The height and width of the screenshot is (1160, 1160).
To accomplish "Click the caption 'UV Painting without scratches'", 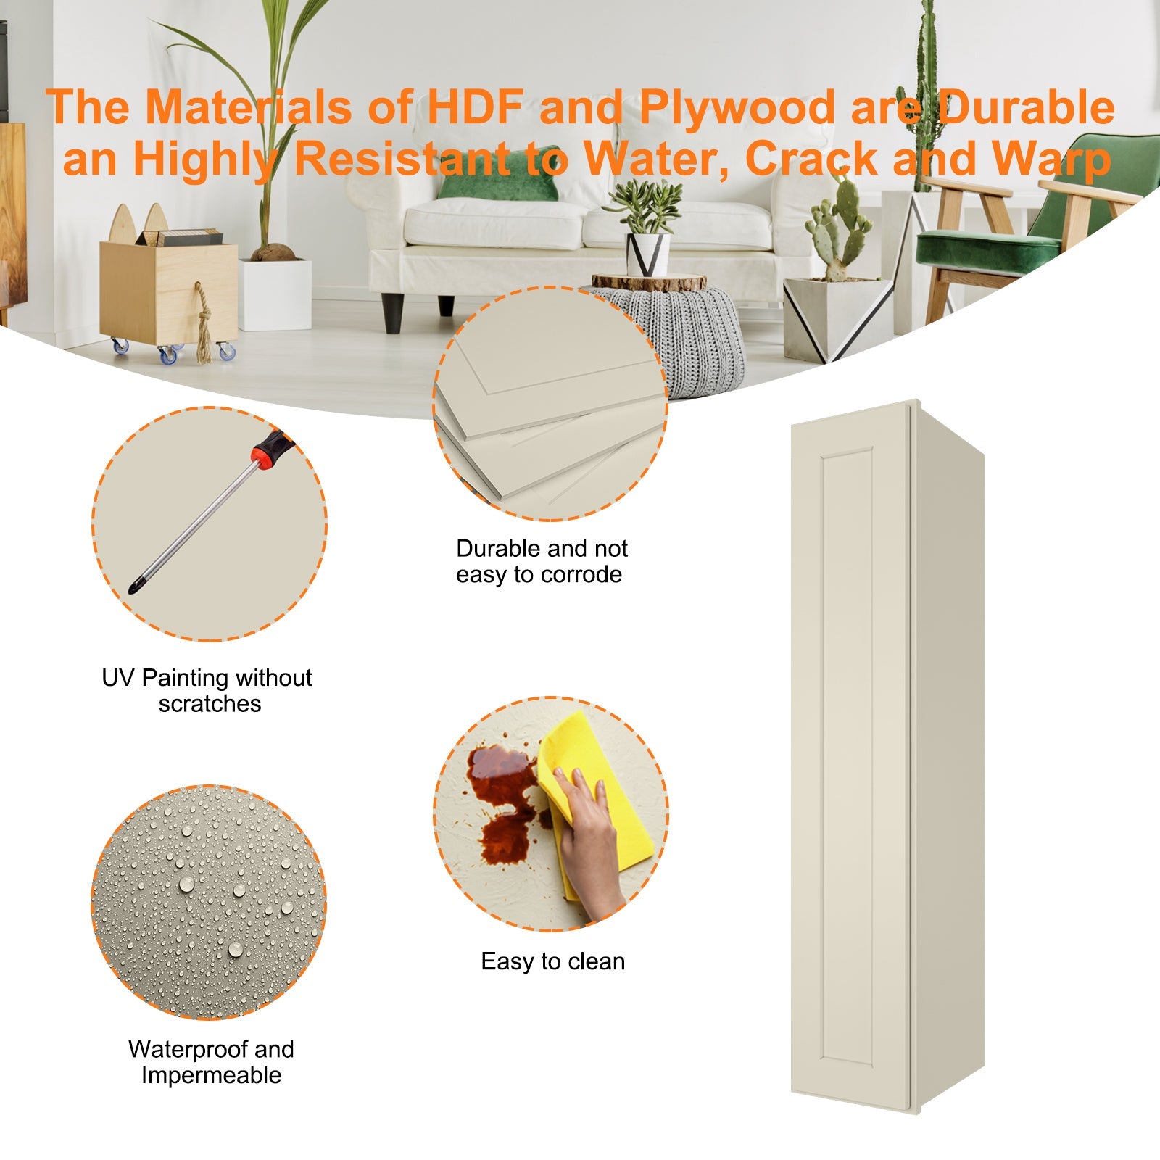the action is pyautogui.click(x=207, y=690).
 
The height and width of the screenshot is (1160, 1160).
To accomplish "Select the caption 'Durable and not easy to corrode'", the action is pyautogui.click(x=541, y=561).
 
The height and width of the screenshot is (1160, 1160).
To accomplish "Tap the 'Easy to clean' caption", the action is pyautogui.click(x=552, y=961).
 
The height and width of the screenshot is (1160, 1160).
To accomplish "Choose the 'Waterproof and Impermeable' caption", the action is pyautogui.click(x=211, y=1062).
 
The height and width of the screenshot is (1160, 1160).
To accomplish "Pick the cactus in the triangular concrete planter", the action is pyautogui.click(x=839, y=224).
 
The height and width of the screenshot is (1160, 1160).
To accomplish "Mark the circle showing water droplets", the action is pyautogui.click(x=209, y=901).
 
